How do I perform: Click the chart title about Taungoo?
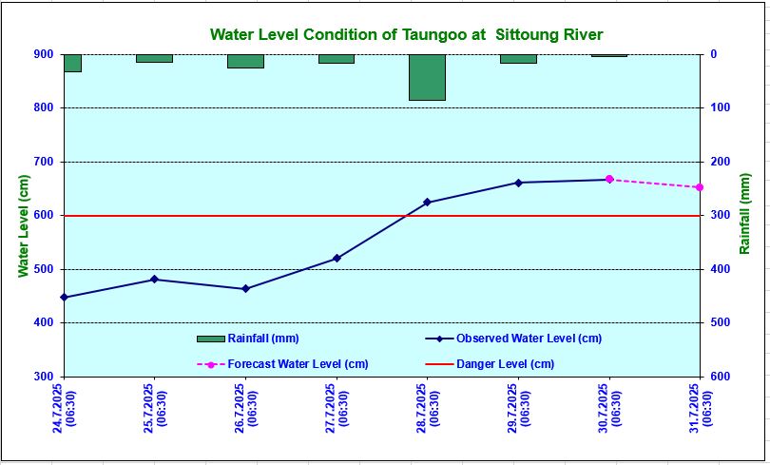click(406, 35)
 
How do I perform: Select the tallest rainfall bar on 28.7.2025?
click(427, 77)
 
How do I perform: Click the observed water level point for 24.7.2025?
click(64, 298)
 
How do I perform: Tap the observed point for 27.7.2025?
click(337, 259)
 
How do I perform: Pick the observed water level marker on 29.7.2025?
click(518, 183)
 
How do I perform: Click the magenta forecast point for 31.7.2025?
click(700, 187)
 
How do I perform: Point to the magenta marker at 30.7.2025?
click(609, 180)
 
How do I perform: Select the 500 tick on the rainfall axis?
click(718, 323)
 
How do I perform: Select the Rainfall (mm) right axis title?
click(745, 214)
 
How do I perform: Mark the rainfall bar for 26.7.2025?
click(245, 62)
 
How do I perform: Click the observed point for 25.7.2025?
click(155, 280)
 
